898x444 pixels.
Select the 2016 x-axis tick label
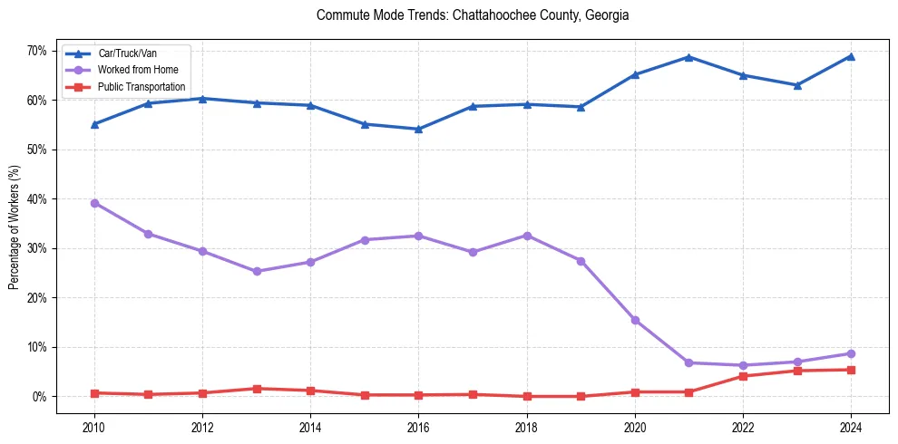coord(418,426)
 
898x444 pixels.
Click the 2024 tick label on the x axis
coord(851,426)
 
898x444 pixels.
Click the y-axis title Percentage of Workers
coord(15,227)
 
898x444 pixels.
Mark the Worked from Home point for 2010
coord(94,203)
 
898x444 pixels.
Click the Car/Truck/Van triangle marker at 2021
coord(688,57)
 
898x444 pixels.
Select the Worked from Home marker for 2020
coord(635,320)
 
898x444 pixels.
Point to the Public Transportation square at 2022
coord(743,376)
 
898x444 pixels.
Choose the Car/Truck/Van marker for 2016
coord(418,129)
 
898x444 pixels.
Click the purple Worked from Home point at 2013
coord(257,271)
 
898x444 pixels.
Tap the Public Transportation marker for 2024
coord(851,370)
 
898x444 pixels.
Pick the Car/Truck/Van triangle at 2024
coord(851,56)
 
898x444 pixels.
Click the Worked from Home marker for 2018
coord(526,236)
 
